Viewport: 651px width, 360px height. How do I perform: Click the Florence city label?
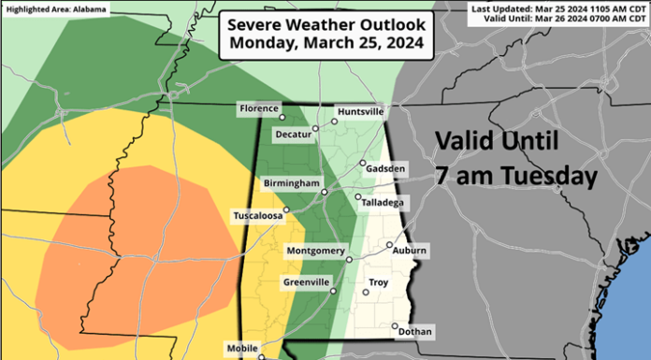(x=259, y=108)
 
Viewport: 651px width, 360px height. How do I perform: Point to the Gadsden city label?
(x=387, y=167)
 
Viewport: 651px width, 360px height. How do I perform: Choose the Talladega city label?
(x=381, y=199)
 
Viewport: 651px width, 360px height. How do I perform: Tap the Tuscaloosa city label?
(x=257, y=216)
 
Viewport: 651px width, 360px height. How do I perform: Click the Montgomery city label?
(x=315, y=250)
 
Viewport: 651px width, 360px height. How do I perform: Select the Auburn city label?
(x=410, y=250)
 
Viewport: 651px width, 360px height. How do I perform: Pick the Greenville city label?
(x=306, y=281)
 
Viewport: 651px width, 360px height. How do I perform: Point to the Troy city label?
(x=379, y=281)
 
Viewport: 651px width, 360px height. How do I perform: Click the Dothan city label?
(x=414, y=331)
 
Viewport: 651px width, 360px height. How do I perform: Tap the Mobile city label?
(x=242, y=349)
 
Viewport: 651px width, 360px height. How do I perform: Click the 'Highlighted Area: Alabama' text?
(x=54, y=8)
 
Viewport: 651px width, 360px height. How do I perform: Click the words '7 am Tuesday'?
(x=515, y=176)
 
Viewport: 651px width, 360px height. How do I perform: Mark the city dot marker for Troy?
(x=366, y=293)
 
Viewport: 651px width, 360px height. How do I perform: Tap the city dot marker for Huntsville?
(x=334, y=122)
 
